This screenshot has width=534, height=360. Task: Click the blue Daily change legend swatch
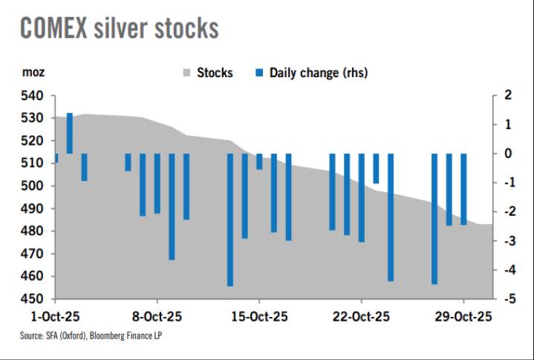pyautogui.click(x=259, y=73)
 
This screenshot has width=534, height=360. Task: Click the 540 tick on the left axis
pyautogui.click(x=32, y=96)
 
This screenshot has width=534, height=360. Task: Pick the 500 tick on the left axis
pyautogui.click(x=32, y=186)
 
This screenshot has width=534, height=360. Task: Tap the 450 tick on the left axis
pyautogui.click(x=32, y=299)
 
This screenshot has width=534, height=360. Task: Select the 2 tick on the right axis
pyautogui.click(x=507, y=96)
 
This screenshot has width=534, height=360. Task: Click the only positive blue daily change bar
pyautogui.click(x=70, y=134)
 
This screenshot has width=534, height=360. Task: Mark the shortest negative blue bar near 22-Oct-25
pyautogui.click(x=376, y=168)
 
